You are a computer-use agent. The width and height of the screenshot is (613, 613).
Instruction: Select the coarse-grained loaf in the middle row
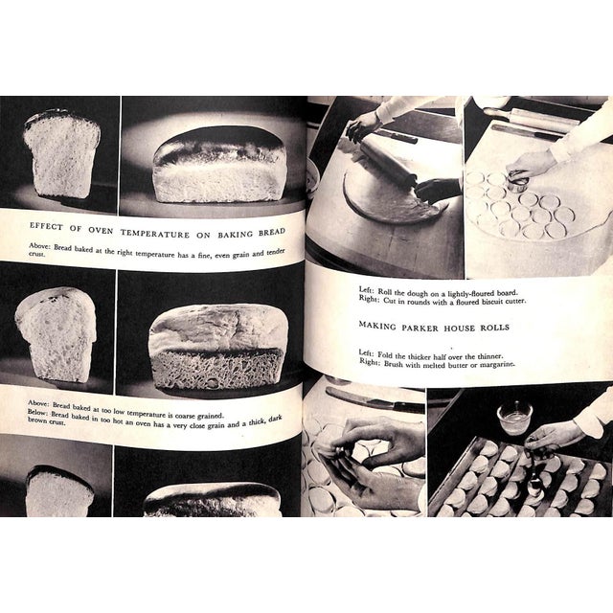click(219, 346)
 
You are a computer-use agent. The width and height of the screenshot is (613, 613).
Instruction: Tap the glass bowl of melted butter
click(514, 418)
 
